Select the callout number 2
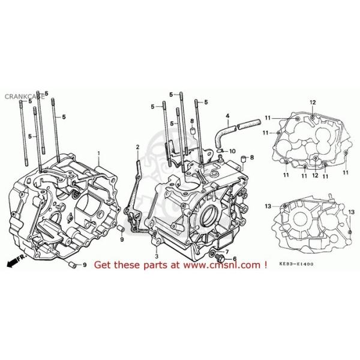[x=137, y=148]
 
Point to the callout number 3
[x=155, y=245]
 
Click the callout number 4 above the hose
[x=227, y=116]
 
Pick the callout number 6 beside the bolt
[x=235, y=259]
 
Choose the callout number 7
[x=227, y=250]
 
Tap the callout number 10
[x=233, y=151]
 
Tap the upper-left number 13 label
[x=268, y=206]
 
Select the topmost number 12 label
[x=313, y=103]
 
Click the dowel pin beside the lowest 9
[x=72, y=264]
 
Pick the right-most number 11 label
[x=346, y=173]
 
